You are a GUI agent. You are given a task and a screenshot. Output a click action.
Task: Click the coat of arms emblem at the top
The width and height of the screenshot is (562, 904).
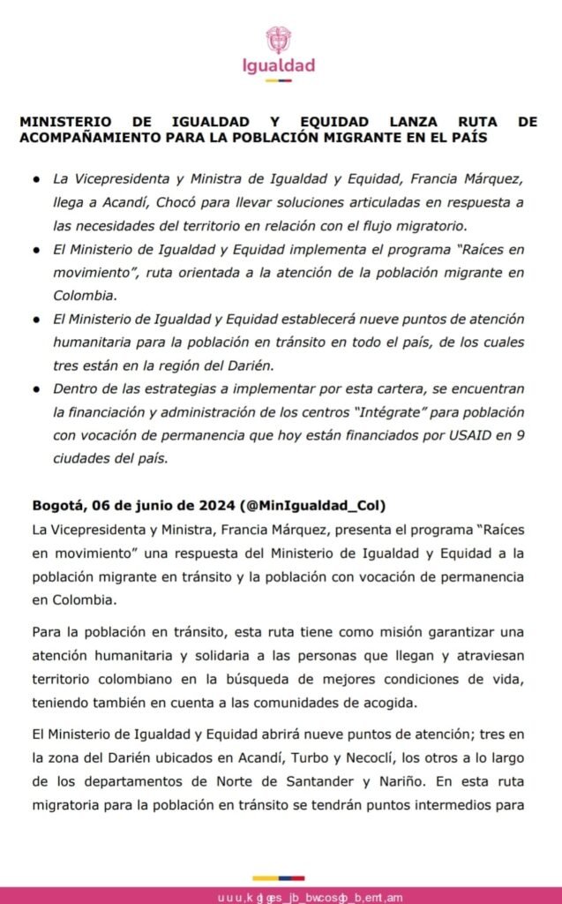(x=279, y=40)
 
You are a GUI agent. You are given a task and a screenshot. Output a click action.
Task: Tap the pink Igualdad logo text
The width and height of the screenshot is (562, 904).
(x=279, y=66)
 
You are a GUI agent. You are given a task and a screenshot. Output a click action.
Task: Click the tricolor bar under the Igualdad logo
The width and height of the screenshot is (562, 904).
(x=279, y=81)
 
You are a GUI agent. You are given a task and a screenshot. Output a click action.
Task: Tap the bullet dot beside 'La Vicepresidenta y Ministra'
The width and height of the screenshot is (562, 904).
(x=36, y=180)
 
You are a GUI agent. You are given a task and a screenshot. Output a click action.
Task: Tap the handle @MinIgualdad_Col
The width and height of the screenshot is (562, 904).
(x=316, y=506)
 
